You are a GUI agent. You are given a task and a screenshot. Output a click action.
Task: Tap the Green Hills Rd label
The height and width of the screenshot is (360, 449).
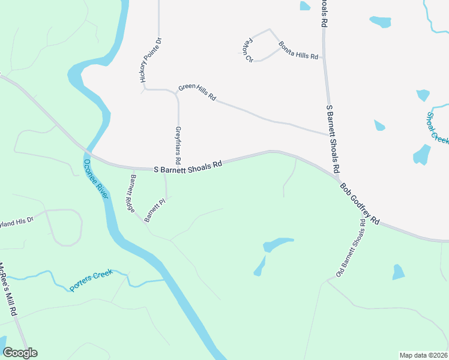coord(197,92)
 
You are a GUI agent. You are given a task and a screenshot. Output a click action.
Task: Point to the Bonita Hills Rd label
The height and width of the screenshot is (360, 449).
coord(298,50)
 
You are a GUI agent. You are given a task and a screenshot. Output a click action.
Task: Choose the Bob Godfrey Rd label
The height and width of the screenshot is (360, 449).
coord(360,203)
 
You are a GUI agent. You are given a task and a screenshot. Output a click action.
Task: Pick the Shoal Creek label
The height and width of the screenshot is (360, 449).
coord(438,128)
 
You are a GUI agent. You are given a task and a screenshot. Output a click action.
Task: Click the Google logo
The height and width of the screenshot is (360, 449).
coord(20,353)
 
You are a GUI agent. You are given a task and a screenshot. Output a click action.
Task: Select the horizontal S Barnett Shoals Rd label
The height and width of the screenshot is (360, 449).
coord(188,168)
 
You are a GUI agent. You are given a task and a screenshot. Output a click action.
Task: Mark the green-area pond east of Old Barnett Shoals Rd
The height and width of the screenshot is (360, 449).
coord(399,272)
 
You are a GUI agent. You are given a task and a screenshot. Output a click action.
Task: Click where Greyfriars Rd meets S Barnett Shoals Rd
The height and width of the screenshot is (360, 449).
coord(178,169)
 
